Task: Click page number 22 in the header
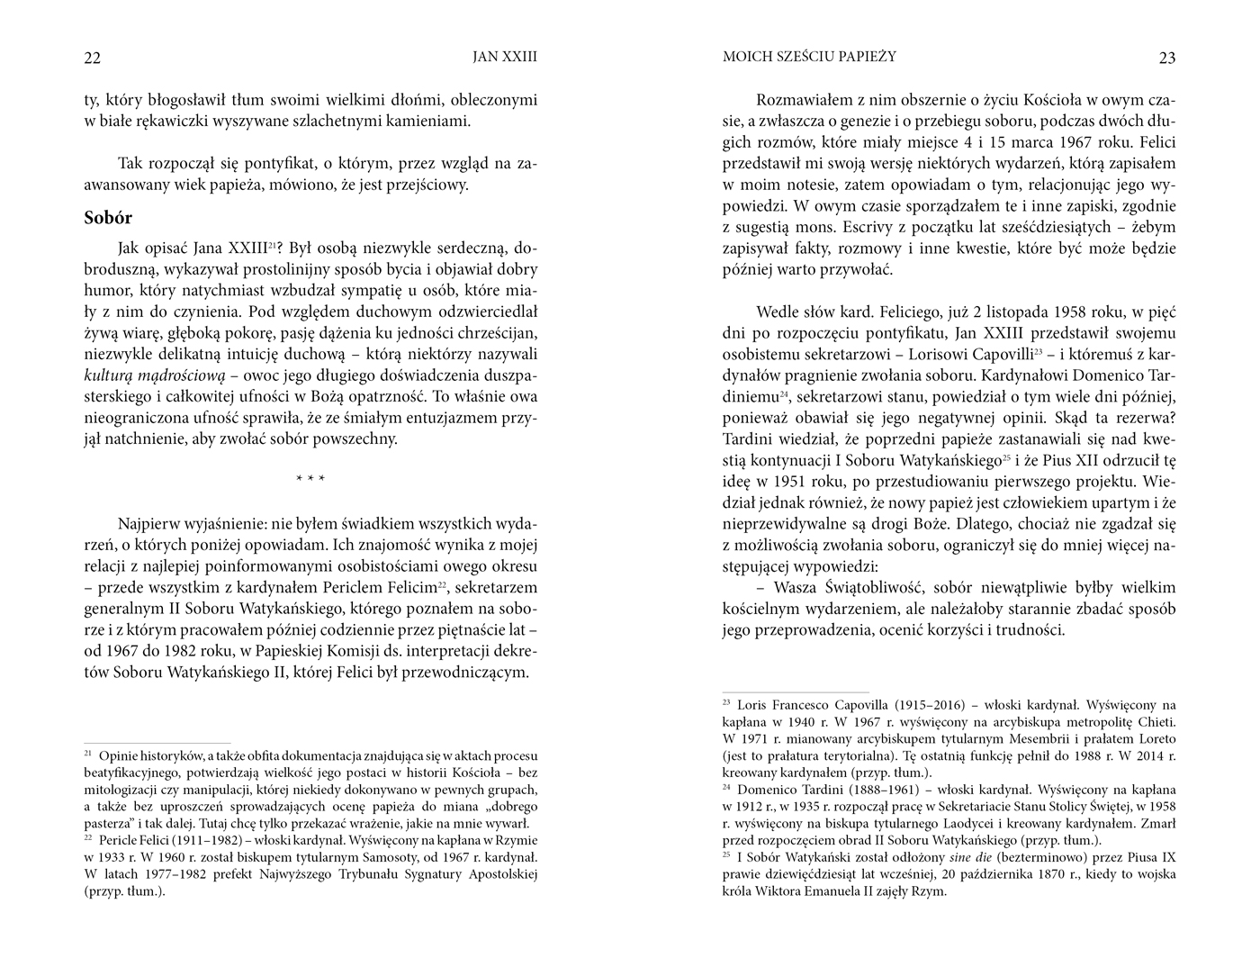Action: coord(92,59)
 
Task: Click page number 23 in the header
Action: coord(1166,59)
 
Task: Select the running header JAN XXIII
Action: coord(504,57)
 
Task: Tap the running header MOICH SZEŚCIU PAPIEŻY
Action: coord(809,57)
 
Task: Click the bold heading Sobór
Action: coord(108,218)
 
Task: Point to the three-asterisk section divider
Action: coord(310,479)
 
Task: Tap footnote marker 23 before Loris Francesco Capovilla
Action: coord(726,702)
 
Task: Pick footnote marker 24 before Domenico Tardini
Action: coord(726,787)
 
